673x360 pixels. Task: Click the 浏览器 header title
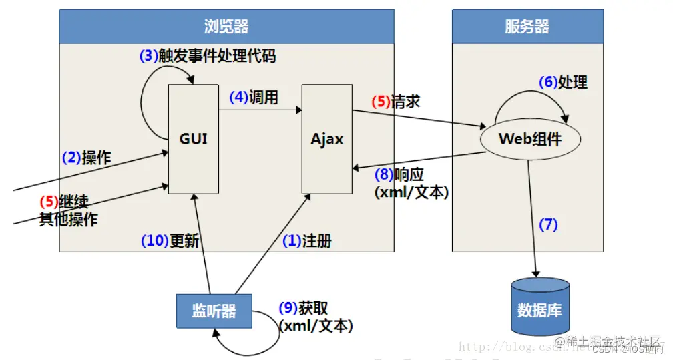point(226,27)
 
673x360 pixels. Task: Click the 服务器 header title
point(527,27)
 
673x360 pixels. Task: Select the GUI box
point(193,139)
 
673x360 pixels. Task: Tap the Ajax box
point(327,139)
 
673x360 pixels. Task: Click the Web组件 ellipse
point(530,140)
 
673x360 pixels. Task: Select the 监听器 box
point(214,311)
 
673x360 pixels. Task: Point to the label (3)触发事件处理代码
point(207,57)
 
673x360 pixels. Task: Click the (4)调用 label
point(254,98)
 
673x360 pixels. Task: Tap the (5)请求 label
point(396,102)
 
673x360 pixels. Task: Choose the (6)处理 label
point(563,82)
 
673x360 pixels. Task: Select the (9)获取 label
point(303,309)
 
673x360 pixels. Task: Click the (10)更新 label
point(170,241)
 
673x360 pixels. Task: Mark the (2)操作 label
point(87,158)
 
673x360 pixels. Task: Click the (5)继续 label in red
point(64,202)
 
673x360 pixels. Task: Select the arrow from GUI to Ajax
point(260,111)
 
